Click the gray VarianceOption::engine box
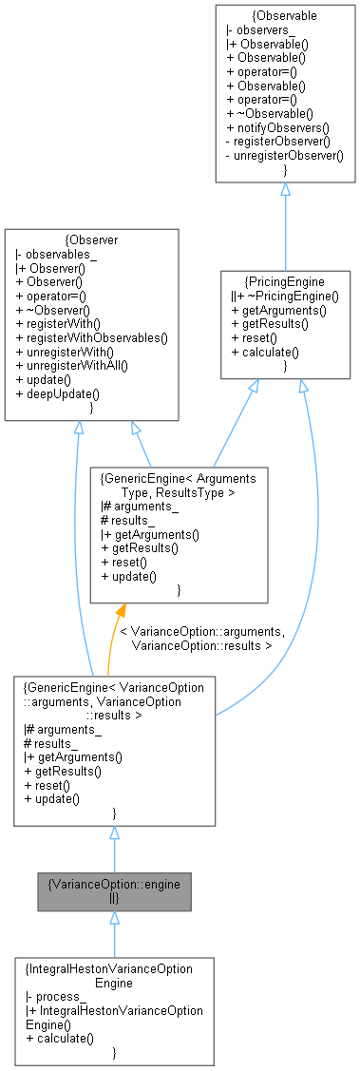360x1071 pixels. pyautogui.click(x=114, y=890)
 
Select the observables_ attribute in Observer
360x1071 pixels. pyautogui.click(x=53, y=255)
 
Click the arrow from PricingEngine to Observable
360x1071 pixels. pyautogui.click(x=285, y=225)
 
